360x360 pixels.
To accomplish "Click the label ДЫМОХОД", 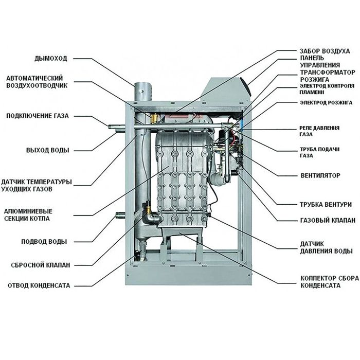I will (51, 58).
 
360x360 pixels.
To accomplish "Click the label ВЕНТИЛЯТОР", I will (320, 175).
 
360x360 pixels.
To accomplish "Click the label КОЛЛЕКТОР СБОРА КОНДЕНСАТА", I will (320, 281).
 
